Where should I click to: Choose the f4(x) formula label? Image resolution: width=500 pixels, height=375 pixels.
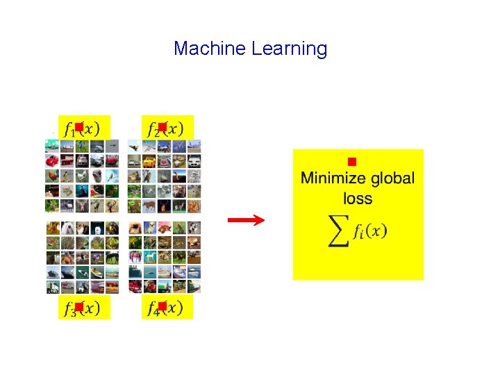(x=167, y=308)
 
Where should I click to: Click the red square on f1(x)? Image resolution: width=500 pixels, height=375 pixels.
(x=79, y=126)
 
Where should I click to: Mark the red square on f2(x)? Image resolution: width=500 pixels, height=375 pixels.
(x=162, y=126)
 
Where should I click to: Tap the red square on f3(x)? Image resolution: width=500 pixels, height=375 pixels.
(x=79, y=306)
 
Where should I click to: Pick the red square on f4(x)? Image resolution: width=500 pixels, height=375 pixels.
(x=162, y=306)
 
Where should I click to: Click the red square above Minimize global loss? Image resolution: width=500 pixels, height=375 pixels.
(x=352, y=162)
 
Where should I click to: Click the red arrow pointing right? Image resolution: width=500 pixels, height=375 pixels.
(x=247, y=221)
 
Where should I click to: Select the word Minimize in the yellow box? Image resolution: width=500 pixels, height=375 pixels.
(x=332, y=178)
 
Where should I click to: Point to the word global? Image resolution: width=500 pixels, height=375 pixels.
(x=391, y=178)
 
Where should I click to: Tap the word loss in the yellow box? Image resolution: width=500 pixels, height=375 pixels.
(x=358, y=199)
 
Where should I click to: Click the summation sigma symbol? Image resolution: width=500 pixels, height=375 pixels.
(x=338, y=233)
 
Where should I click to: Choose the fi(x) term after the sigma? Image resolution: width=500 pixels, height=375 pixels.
(x=368, y=232)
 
